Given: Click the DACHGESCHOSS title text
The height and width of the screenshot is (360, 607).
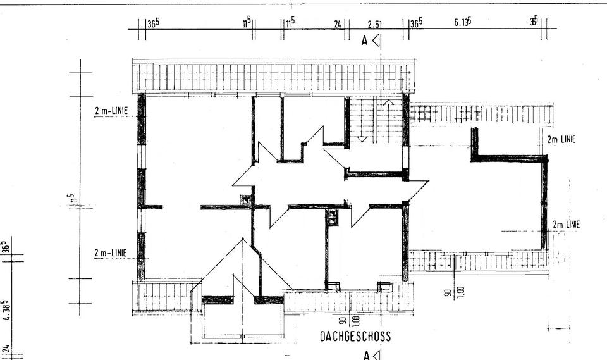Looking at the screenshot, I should click(355, 337).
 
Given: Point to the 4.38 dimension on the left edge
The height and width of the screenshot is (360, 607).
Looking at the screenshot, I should click(6, 310).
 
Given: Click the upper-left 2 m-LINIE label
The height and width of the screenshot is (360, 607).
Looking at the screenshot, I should click(111, 110).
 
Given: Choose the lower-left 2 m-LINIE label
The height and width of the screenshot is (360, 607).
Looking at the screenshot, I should click(111, 253).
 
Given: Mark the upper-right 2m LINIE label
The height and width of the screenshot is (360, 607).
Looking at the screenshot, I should click(561, 140).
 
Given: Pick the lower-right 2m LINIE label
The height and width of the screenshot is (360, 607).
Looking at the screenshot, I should click(566, 225).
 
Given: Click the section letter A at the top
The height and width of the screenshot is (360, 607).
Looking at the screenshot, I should click(365, 41).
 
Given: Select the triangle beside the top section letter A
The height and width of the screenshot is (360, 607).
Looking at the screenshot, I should click(376, 41).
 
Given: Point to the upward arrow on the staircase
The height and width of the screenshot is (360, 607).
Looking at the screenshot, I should click(388, 101).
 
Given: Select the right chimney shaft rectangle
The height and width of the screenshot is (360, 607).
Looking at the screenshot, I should click(333, 218).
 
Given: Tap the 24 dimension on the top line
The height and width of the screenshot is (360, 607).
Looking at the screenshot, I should click(338, 24).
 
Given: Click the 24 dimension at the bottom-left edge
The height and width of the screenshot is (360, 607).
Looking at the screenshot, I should click(6, 349).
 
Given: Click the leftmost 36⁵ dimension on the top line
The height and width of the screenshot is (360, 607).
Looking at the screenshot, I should click(153, 23).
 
